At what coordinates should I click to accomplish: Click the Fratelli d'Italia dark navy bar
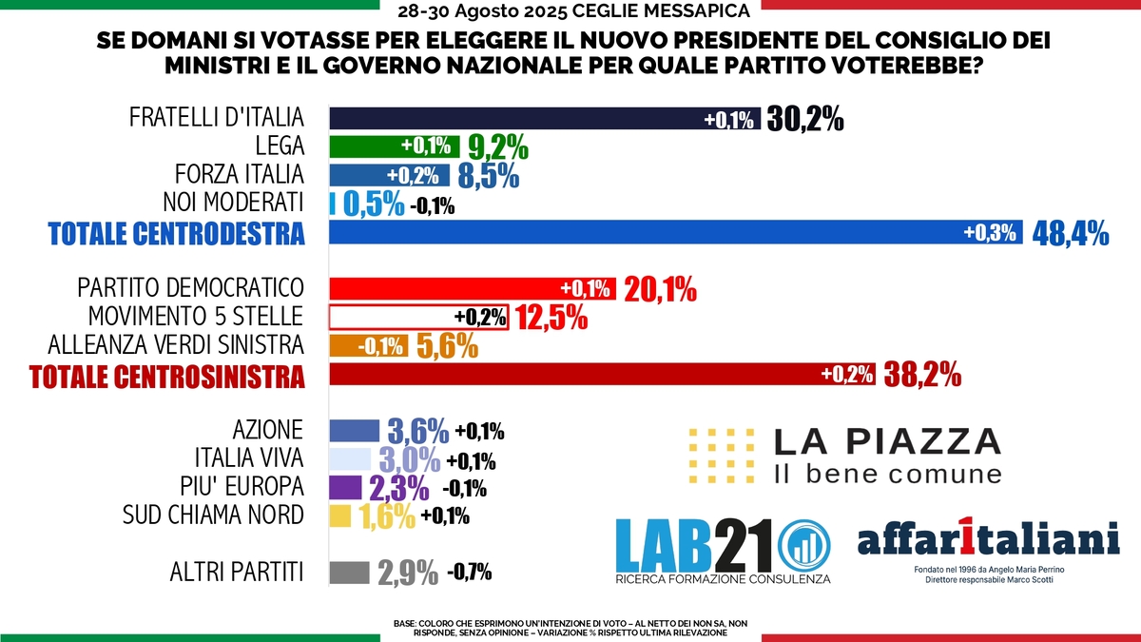[x=545, y=118]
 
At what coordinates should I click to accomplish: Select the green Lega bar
[x=395, y=146]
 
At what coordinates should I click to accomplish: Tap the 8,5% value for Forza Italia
[x=489, y=176]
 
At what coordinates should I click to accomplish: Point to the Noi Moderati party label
[x=233, y=203]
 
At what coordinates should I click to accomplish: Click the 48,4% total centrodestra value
[x=1071, y=233]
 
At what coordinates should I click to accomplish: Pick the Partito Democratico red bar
[x=473, y=288]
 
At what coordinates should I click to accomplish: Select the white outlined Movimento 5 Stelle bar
[x=418, y=317]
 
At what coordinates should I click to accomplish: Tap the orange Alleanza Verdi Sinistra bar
[x=369, y=345]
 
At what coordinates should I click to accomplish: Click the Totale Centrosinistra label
[x=167, y=377]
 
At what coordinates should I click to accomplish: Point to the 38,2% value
[x=922, y=375]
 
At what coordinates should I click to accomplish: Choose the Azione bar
[x=355, y=431]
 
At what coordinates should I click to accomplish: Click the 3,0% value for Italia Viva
[x=410, y=460]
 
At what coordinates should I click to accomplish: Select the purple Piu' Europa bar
[x=345, y=488]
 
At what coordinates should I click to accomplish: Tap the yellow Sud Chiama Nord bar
[x=340, y=516]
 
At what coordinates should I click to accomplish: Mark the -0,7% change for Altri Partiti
[x=470, y=573]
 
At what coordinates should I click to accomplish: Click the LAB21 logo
[x=724, y=552]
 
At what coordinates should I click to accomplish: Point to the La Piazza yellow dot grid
[x=722, y=456]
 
